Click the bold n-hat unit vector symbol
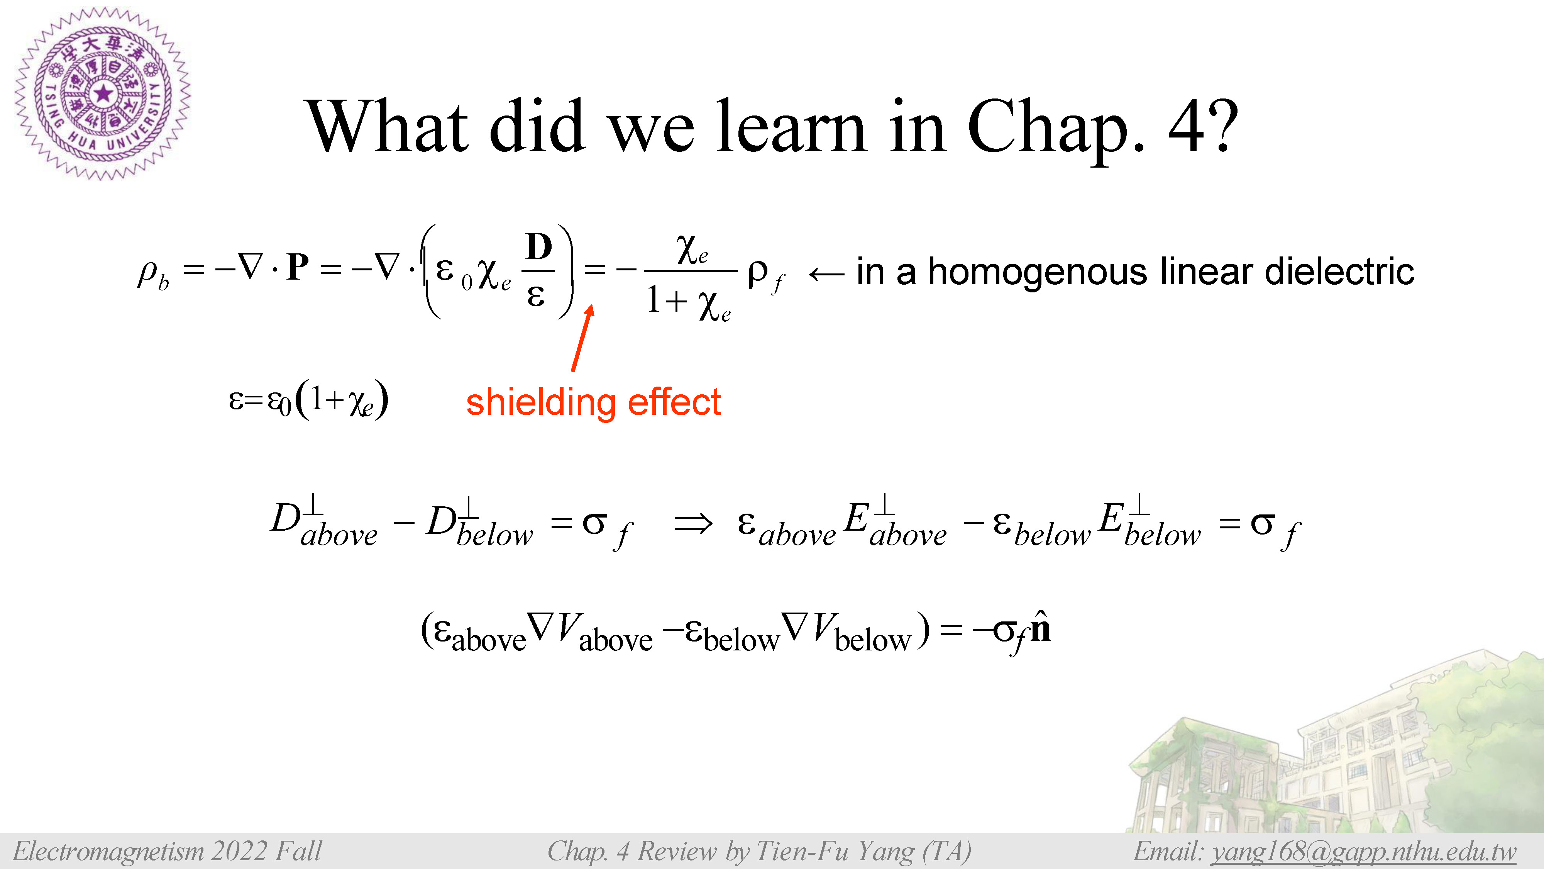tap(1041, 627)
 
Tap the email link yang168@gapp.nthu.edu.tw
tap(1363, 852)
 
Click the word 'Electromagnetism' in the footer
tap(108, 851)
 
